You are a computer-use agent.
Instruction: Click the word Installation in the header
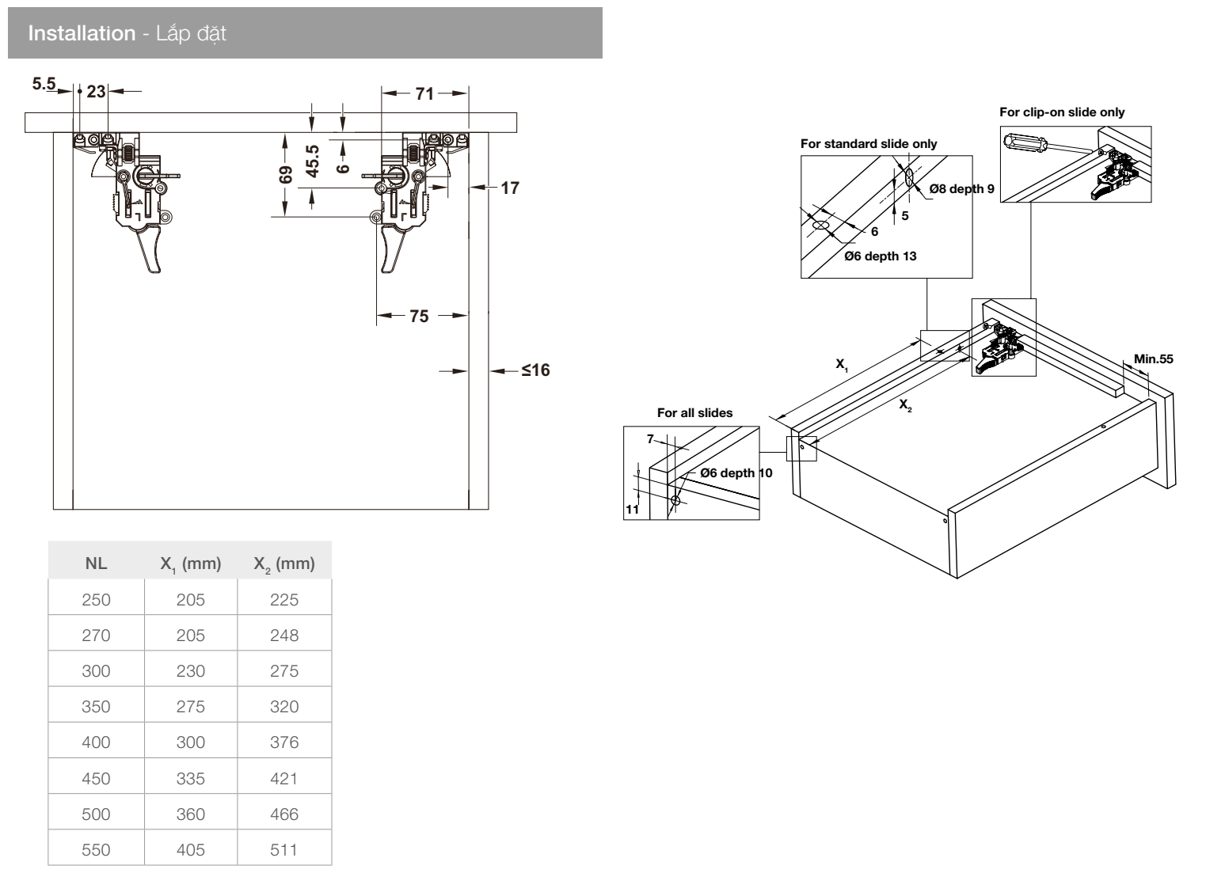tap(82, 33)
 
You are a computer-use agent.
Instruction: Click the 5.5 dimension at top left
tap(44, 83)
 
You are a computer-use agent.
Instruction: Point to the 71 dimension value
tap(425, 93)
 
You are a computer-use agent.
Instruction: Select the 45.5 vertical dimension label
tap(313, 161)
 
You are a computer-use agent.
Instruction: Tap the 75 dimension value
tap(419, 317)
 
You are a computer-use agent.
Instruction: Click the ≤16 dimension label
tap(535, 370)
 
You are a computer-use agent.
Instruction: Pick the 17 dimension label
tap(510, 188)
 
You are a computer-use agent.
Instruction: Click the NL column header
tap(96, 564)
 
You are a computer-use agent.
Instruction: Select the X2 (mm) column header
tap(283, 564)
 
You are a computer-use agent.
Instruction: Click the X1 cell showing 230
tap(191, 671)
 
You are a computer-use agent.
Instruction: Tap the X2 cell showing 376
tap(283, 742)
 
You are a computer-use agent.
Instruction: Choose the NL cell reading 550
tap(96, 850)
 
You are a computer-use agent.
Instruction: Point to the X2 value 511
tap(283, 850)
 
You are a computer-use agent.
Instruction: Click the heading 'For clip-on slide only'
tap(1061, 112)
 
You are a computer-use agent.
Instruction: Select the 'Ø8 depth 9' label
tap(961, 189)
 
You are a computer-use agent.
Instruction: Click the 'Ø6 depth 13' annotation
tap(880, 256)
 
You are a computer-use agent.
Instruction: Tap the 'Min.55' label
tap(1153, 359)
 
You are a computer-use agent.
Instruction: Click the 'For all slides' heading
tap(694, 413)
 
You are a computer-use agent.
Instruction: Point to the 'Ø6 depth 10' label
tap(736, 473)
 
